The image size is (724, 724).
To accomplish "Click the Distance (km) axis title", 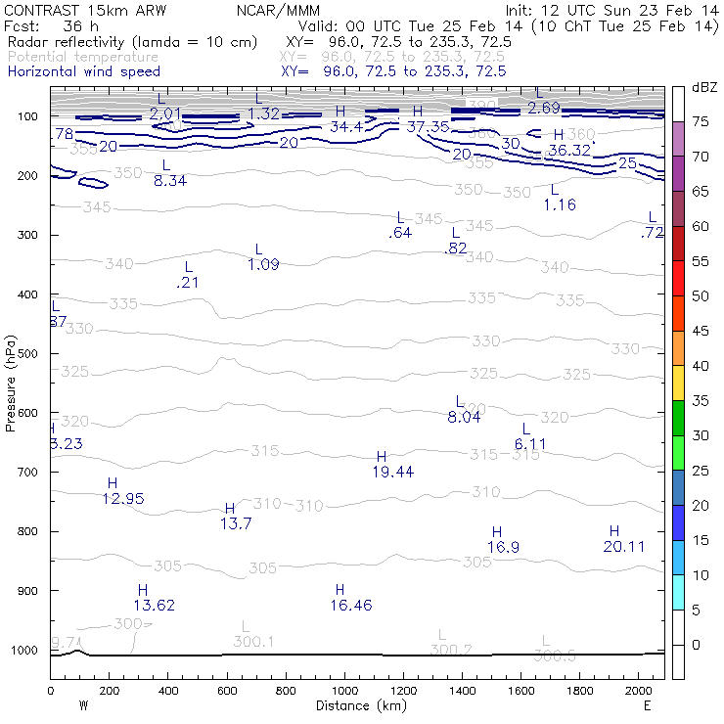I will (357, 704).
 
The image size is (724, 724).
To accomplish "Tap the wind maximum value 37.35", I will (429, 126).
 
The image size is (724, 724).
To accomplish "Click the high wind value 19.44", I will (392, 472).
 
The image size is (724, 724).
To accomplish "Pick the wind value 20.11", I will (623, 546).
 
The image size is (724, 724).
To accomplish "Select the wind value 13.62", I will (154, 606).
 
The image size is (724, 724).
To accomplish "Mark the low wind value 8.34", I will (170, 181).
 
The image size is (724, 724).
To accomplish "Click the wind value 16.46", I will (351, 606).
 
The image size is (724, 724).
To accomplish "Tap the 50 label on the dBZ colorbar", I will (700, 295).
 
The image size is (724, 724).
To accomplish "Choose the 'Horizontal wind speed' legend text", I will (83, 71).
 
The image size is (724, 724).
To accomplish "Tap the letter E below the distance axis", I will (647, 704).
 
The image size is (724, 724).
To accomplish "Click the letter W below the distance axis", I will (82, 704).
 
